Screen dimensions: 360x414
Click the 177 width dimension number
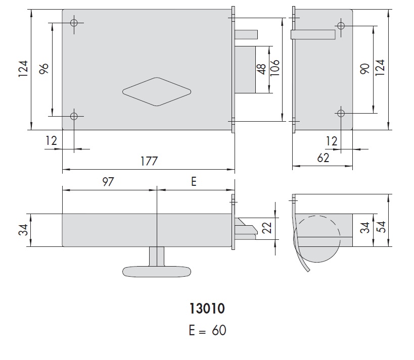[x=149, y=162]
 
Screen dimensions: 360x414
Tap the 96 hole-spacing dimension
[x=43, y=69]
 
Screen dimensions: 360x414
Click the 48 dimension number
[x=262, y=70]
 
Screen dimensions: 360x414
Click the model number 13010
[x=207, y=308]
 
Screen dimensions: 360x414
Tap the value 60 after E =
[x=218, y=331]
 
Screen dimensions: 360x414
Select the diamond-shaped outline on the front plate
[x=157, y=91]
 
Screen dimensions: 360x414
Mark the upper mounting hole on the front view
[x=74, y=23]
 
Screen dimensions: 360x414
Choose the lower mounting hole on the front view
[x=74, y=116]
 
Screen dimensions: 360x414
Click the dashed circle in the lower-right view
[x=316, y=233]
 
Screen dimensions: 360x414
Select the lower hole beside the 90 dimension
[x=341, y=113]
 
